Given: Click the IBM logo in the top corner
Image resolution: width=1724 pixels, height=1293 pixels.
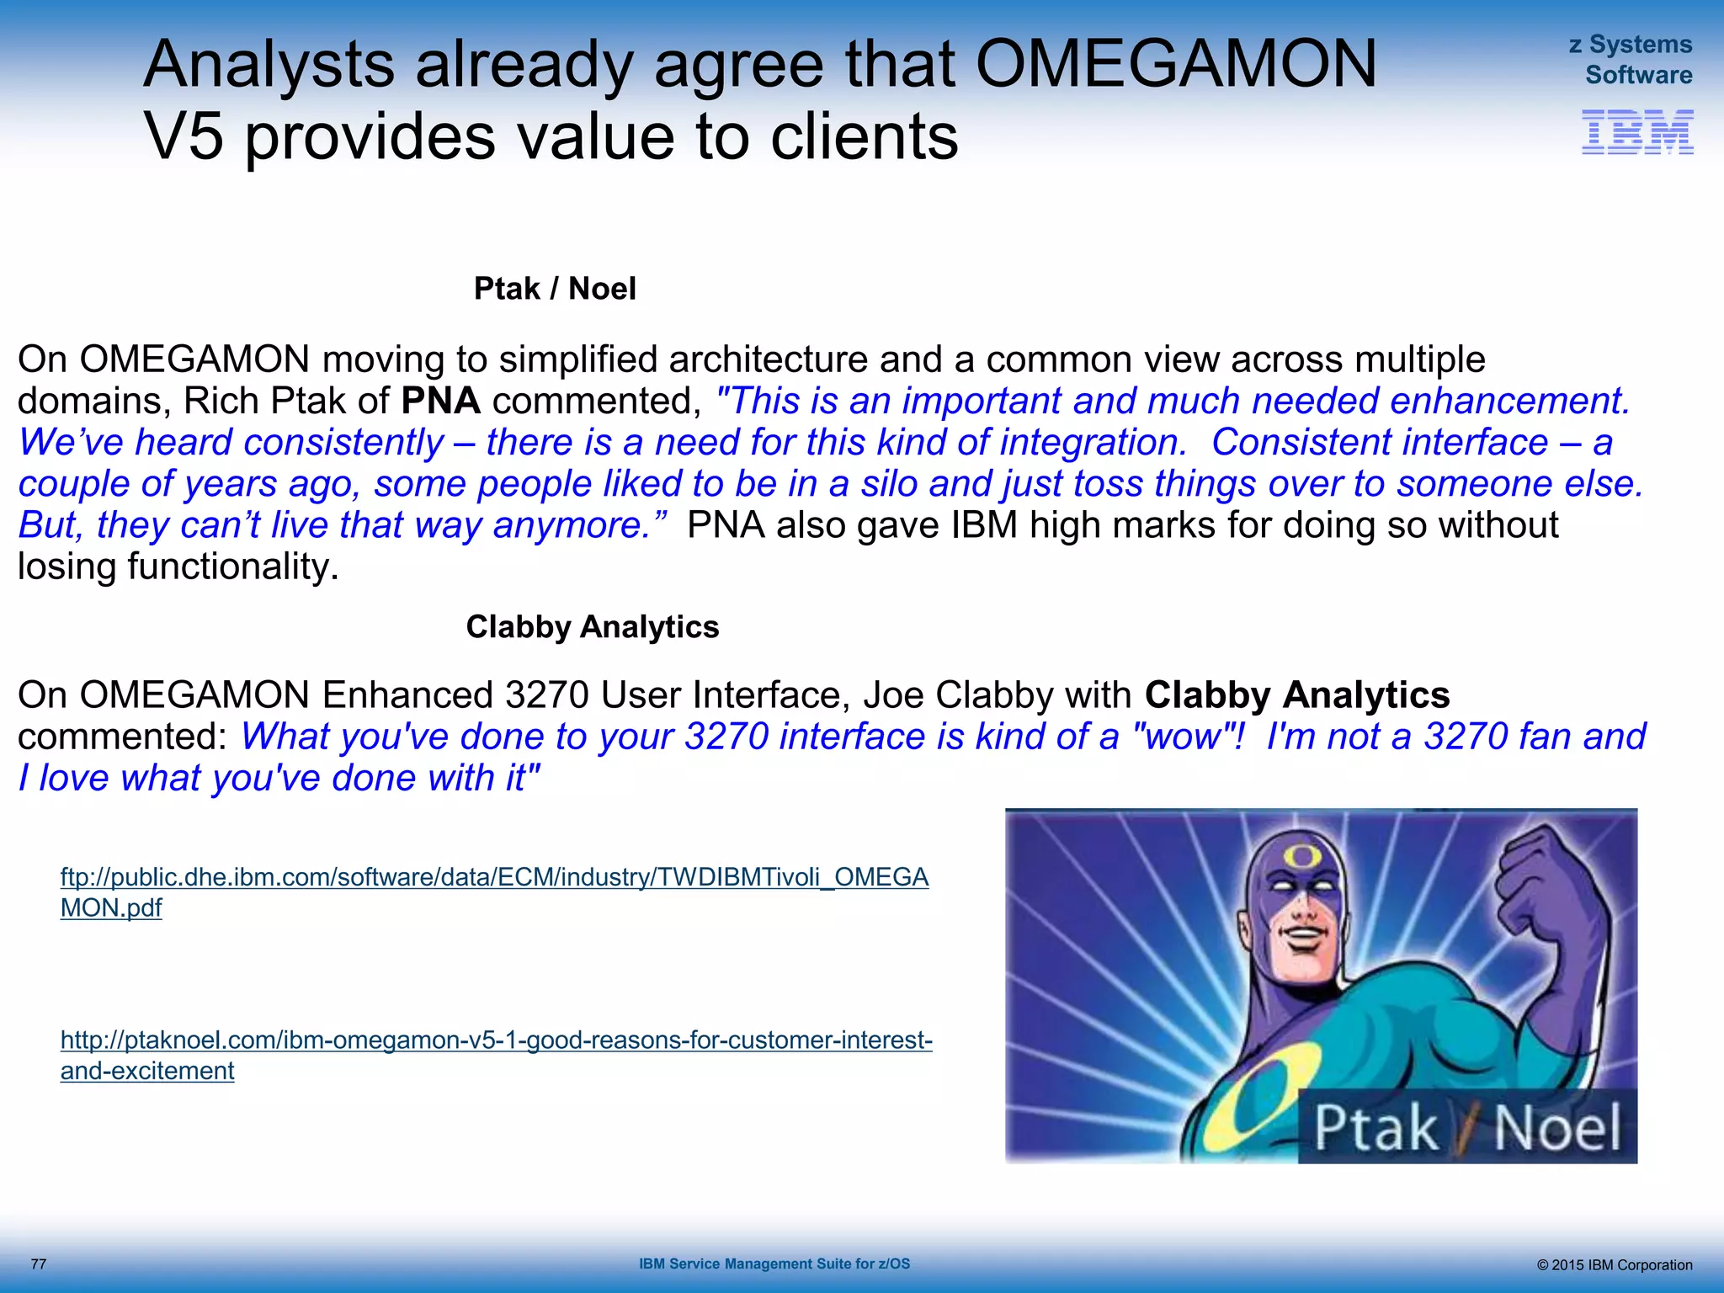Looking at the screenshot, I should [1637, 132].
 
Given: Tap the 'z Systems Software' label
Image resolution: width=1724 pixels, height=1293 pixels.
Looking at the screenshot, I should [1631, 60].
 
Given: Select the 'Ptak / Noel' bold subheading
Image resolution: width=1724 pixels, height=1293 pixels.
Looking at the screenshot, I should [555, 289].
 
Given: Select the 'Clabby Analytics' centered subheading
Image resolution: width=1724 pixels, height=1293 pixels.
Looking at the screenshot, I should [593, 627].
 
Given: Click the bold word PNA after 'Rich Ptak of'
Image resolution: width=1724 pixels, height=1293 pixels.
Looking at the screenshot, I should [440, 401].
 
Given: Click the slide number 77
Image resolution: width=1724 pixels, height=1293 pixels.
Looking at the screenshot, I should [39, 1264].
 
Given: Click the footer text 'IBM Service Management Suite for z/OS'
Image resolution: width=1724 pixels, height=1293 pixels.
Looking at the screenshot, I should [774, 1264].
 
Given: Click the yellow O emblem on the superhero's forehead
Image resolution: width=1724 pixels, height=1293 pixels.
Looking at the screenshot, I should [1302, 858].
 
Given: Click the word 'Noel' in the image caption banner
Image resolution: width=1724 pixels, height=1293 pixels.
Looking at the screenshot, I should [1556, 1128].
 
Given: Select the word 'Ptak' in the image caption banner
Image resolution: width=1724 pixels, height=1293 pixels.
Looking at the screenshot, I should [1375, 1128].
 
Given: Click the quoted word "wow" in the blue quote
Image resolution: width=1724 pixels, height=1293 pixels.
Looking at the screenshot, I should [1183, 737].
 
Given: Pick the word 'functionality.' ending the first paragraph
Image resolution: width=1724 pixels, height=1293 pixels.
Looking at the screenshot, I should [232, 567].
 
